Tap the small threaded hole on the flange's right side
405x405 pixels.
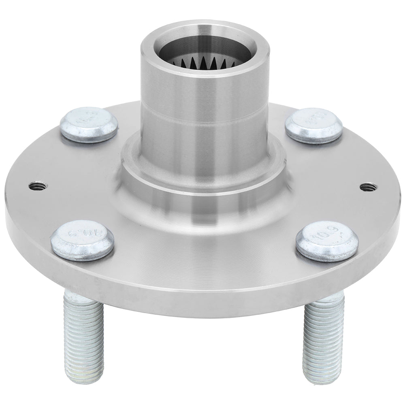(x=367, y=186)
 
